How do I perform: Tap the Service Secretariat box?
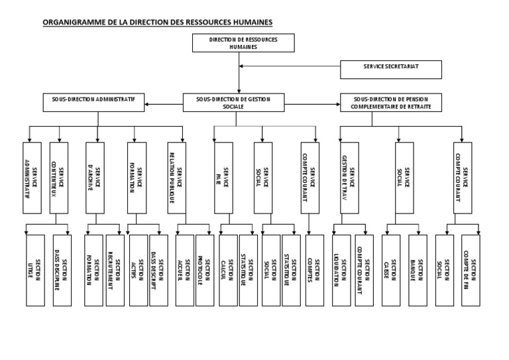[391, 67]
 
